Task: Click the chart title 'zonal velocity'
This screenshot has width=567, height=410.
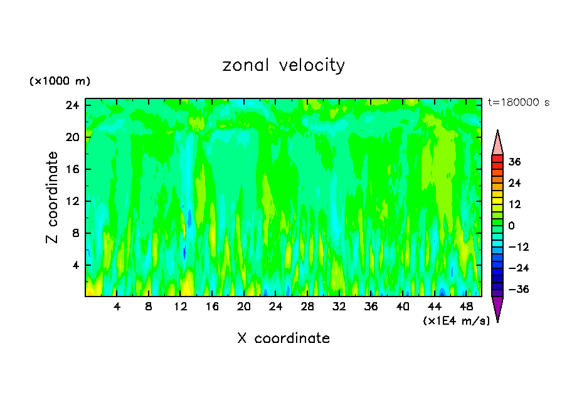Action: pos(283,65)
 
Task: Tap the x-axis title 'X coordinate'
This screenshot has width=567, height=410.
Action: pos(283,339)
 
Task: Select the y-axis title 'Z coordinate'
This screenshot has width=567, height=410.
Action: pos(53,197)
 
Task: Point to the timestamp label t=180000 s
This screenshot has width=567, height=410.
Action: pos(518,103)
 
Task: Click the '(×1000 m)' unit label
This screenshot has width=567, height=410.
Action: pos(60,81)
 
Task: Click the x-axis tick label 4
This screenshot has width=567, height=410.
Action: pos(117,307)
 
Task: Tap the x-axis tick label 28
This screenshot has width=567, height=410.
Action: pos(307,307)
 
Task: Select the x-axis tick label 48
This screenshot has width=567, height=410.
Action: pos(466,307)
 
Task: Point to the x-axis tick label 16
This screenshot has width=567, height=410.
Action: pos(212,307)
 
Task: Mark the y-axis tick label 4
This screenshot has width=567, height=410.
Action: pos(77,265)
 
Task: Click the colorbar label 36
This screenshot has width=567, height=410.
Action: pos(514,162)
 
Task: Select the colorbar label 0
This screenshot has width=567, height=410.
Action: pos(511,226)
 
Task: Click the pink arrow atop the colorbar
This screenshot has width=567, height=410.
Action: pos(497,143)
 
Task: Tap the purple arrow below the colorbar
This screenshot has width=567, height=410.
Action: pos(497,308)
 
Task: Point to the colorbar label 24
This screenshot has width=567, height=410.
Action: pos(514,183)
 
